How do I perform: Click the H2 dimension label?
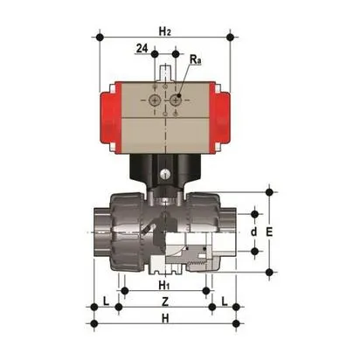coord(165,31)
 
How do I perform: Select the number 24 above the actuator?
coord(141,50)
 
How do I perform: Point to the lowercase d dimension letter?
coord(253,232)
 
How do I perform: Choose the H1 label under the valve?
coord(163,285)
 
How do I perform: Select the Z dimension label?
coord(165,301)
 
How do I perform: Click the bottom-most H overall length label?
coord(165,318)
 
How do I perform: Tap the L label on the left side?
coord(106,301)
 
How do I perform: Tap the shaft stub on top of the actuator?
coord(165,69)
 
